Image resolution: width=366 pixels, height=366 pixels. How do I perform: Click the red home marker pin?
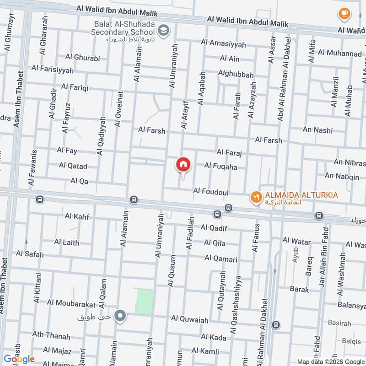coord(183,164)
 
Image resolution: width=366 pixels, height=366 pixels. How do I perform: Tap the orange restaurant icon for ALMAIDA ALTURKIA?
coord(256,197)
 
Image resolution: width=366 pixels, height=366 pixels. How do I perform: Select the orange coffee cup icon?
coord(344,14)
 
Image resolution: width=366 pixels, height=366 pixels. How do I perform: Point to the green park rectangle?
coord(144,301)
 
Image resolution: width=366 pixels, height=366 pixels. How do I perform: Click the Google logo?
coord(19,359)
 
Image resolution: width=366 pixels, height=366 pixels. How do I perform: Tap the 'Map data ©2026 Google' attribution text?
coord(331,361)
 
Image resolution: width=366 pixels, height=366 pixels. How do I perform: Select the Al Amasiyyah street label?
coord(223,44)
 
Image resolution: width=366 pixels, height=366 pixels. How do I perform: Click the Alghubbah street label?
coord(236,75)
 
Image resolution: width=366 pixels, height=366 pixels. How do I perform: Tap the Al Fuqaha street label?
coord(221,167)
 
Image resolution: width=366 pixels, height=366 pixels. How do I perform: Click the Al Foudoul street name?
coord(211,190)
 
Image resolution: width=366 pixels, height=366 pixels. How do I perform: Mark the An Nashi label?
coord(318,130)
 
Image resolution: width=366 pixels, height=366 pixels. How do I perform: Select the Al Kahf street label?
coord(77,216)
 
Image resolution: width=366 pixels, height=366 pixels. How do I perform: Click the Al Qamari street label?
coord(221,259)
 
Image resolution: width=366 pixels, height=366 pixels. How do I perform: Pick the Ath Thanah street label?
coord(51,336)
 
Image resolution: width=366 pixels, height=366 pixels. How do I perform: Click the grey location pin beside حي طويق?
coord(120,316)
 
